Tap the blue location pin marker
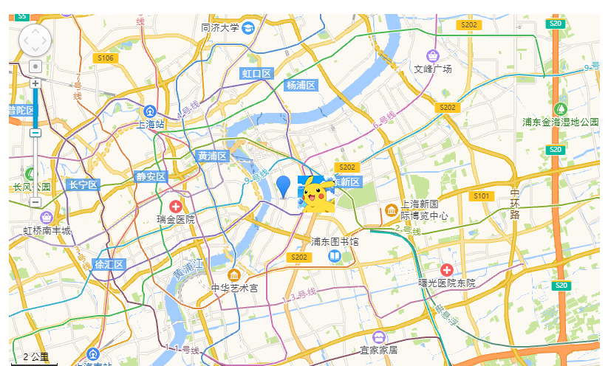(283, 185)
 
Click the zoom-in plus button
(35, 83)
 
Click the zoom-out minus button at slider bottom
(35, 201)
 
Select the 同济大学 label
(220, 28)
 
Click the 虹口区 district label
(257, 73)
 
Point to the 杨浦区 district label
(301, 86)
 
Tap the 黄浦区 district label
(213, 156)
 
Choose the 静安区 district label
(151, 177)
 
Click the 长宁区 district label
(83, 184)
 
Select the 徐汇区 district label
(109, 264)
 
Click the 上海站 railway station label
(150, 125)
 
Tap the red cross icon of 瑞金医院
(176, 207)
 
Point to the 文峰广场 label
(432, 69)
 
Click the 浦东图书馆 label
(335, 241)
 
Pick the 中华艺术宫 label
(234, 287)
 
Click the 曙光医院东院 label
(446, 283)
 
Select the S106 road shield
(106, 58)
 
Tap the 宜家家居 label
(378, 350)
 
